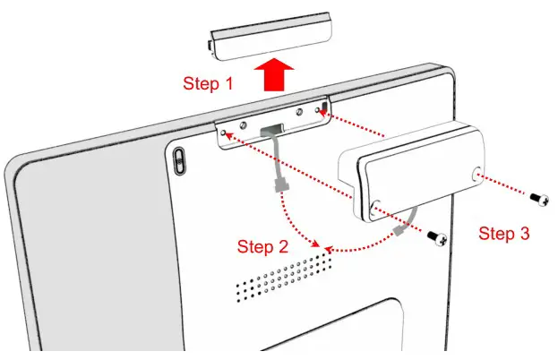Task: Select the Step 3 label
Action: click(x=503, y=234)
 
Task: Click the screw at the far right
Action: click(x=540, y=196)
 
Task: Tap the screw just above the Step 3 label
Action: click(x=438, y=237)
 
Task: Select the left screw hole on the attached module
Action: click(x=377, y=205)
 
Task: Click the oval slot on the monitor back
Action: click(x=176, y=161)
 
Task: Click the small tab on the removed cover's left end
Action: click(x=212, y=39)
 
